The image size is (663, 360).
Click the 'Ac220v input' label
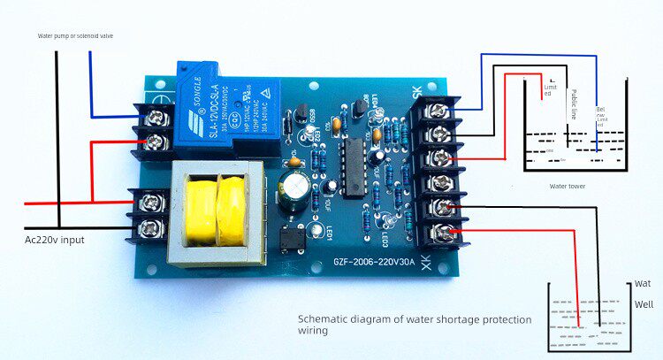click(x=55, y=240)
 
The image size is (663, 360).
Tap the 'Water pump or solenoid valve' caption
click(x=75, y=36)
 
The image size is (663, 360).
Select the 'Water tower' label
click(x=569, y=187)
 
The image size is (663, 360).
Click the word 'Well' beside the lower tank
click(x=644, y=304)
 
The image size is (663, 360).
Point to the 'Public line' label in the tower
click(x=574, y=104)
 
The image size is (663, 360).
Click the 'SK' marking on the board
click(x=416, y=90)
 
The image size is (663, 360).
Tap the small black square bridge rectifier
click(x=293, y=238)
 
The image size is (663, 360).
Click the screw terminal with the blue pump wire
click(x=158, y=115)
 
